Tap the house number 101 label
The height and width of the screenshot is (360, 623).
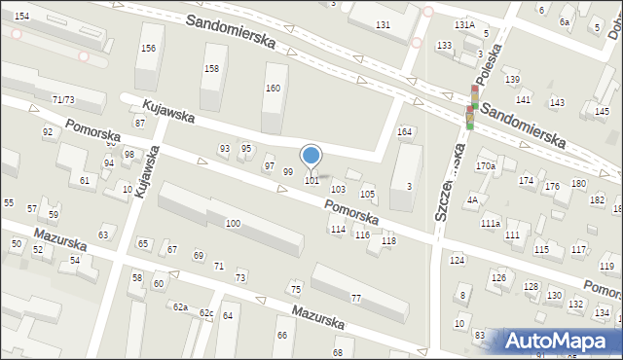point(311,181)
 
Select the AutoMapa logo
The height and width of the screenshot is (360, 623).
point(561,341)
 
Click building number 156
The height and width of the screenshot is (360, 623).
point(148,49)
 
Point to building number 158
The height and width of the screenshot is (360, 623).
point(211,68)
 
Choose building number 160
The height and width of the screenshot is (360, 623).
point(273,89)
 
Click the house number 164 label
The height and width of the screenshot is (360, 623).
point(404,132)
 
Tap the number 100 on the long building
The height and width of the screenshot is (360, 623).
point(233,224)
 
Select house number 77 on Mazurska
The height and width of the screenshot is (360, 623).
point(356,298)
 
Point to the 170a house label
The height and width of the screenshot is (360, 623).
point(486,166)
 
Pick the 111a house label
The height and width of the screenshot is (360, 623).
point(490,224)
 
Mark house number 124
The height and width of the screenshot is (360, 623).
point(457,260)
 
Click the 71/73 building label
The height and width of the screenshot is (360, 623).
point(63,99)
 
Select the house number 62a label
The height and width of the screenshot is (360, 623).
point(180,306)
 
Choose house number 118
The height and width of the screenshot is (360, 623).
point(388,240)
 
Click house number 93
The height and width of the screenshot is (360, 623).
point(225,148)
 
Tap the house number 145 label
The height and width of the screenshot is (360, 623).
point(602,111)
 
